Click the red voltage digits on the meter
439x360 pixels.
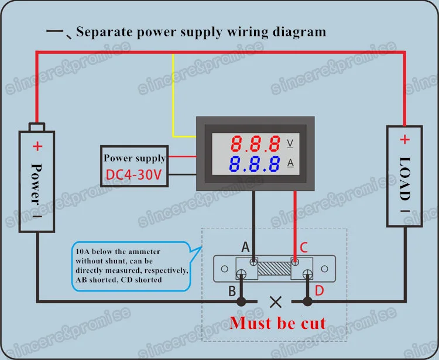click(255, 143)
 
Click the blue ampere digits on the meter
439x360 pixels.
click(255, 164)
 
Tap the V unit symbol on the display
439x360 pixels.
click(290, 143)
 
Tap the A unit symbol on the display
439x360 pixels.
click(290, 163)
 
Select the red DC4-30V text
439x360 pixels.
click(134, 174)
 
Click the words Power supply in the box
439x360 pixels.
click(135, 158)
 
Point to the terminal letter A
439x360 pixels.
click(245, 247)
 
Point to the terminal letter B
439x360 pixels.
click(232, 291)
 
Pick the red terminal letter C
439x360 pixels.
click(304, 248)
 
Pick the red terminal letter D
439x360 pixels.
click(320, 290)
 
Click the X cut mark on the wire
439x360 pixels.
click(276, 302)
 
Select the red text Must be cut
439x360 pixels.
click(277, 323)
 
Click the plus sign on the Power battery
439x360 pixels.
click(37, 146)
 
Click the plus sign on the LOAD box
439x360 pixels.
click(404, 139)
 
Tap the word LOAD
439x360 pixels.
click(404, 179)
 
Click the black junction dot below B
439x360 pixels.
click(241, 302)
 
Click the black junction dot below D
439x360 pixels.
click(307, 302)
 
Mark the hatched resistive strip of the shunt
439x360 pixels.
click(275, 269)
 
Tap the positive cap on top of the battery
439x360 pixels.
click(37, 127)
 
